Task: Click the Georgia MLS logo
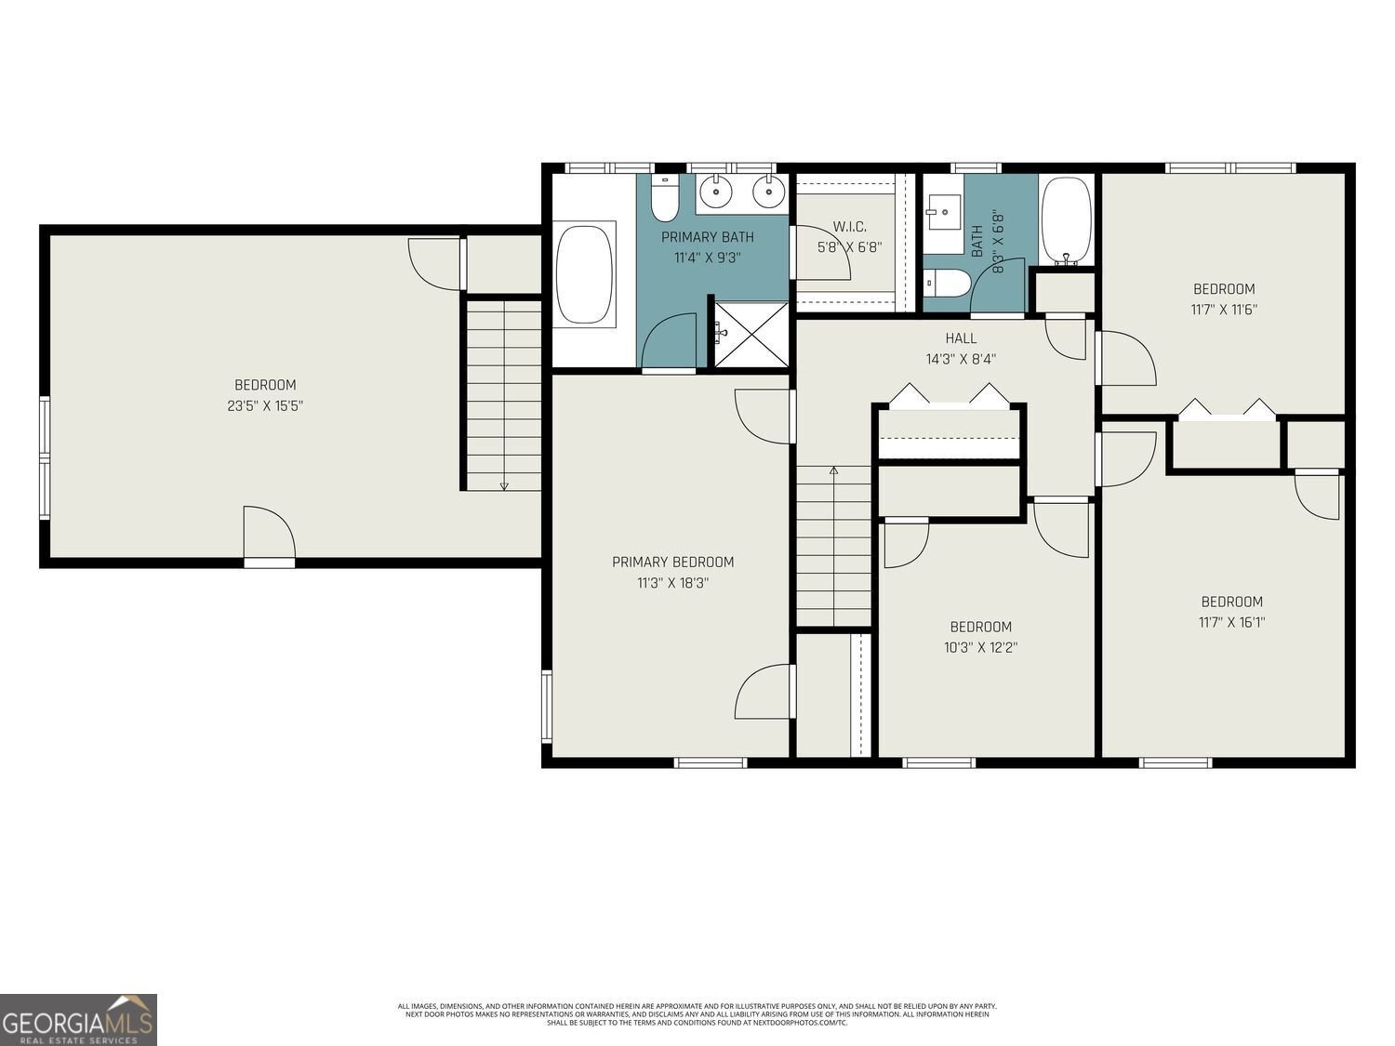coord(78,1019)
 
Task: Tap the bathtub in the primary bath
coord(584,273)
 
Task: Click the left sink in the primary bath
coord(715,193)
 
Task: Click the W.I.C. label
coord(849,227)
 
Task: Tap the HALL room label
coord(961,338)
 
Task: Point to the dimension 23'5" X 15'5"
coord(265,405)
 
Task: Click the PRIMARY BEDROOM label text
coord(672,562)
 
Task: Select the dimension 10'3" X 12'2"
coord(980,647)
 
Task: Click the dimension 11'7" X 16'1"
coord(1231,622)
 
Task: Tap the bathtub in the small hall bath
coord(1066,221)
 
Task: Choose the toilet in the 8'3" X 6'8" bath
coord(948,282)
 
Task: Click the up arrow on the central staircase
coord(833,471)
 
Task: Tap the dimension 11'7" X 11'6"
coord(1224,310)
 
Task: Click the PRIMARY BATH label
coord(707,237)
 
